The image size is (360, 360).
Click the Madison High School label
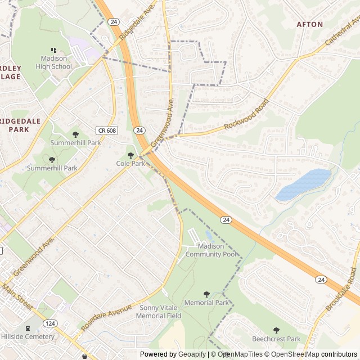(x=54, y=62)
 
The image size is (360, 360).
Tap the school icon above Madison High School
(x=54, y=51)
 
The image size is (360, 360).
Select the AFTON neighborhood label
(x=310, y=24)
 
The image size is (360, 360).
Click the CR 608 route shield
(x=107, y=130)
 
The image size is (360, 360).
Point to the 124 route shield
(x=50, y=323)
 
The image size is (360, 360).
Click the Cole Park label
(x=130, y=163)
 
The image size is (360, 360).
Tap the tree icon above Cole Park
(x=130, y=155)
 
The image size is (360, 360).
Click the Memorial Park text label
(x=207, y=303)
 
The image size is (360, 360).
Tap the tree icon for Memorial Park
(x=206, y=294)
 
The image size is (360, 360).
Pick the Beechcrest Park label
(x=276, y=339)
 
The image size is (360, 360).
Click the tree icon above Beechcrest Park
(x=276, y=330)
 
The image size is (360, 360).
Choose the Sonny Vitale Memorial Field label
(x=159, y=312)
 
